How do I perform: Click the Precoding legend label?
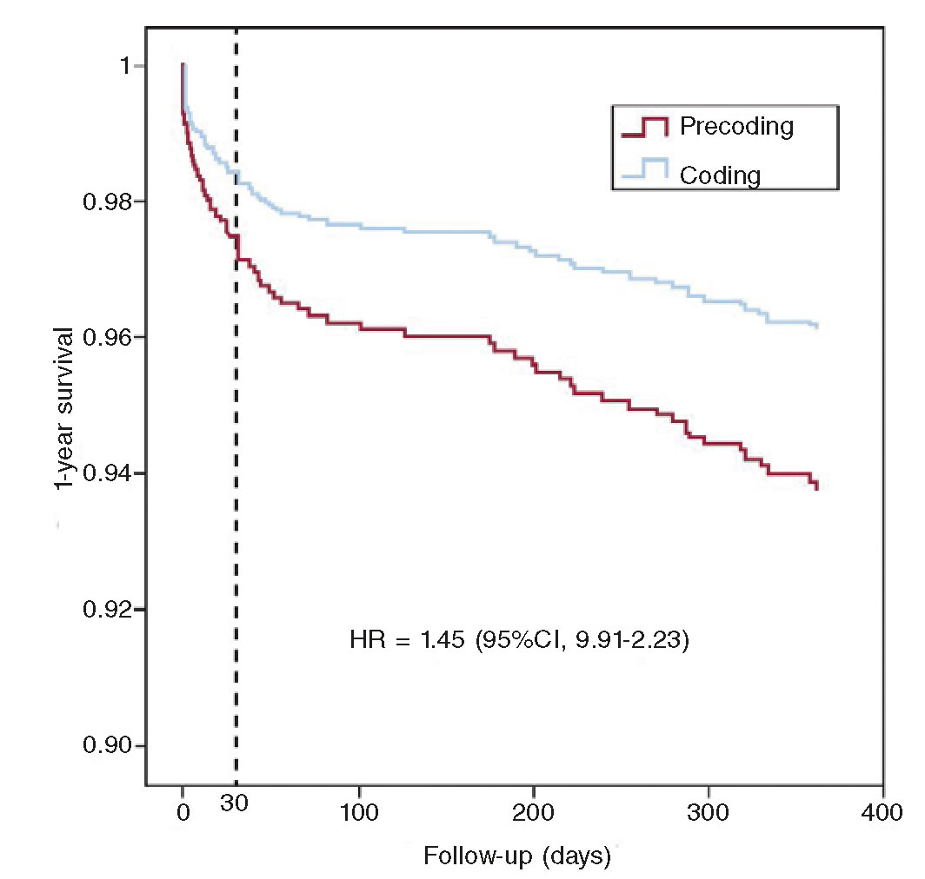pyautogui.click(x=736, y=127)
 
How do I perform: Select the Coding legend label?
pyautogui.click(x=720, y=175)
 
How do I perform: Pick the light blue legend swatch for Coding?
pyautogui.click(x=644, y=170)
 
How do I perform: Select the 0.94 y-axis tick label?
pyautogui.click(x=102, y=473)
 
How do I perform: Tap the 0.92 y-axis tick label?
pyautogui.click(x=102, y=610)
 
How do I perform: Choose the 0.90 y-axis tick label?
pyautogui.click(x=102, y=746)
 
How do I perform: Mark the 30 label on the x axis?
pyautogui.click(x=235, y=802)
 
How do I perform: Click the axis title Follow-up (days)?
pyautogui.click(x=517, y=856)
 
